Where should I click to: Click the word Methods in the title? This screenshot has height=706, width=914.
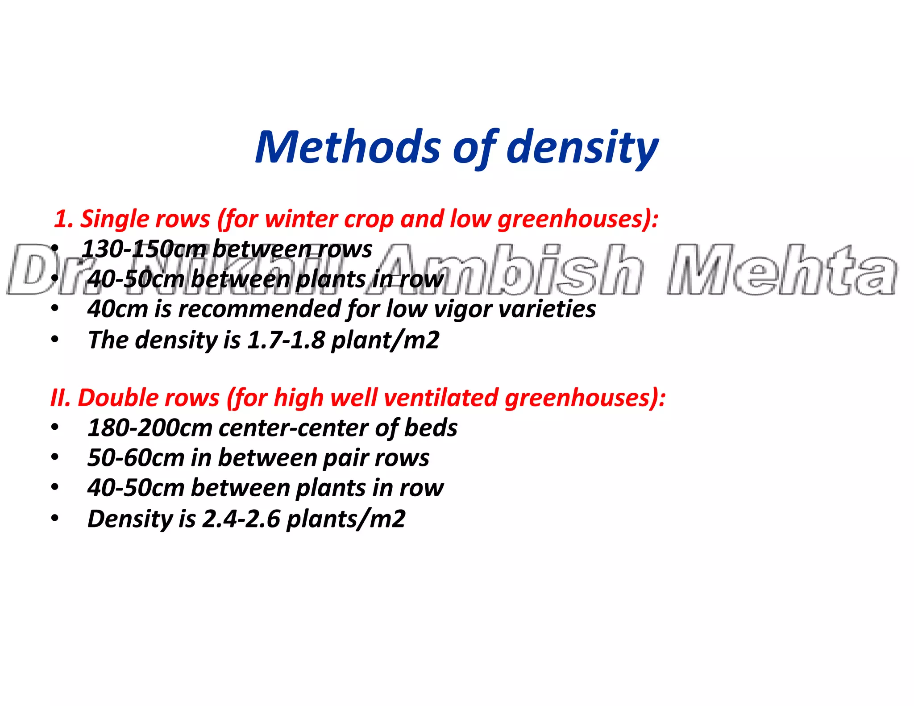click(x=348, y=147)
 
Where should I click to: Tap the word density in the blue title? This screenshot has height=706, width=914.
click(x=582, y=147)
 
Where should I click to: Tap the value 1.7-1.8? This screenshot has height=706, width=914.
click(x=286, y=340)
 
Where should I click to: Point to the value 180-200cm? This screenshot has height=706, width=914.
click(x=150, y=428)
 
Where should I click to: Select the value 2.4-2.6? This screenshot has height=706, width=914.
click(x=241, y=519)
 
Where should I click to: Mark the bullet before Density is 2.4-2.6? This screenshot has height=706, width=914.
click(x=55, y=518)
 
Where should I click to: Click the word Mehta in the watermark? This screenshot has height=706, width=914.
click(x=781, y=270)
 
